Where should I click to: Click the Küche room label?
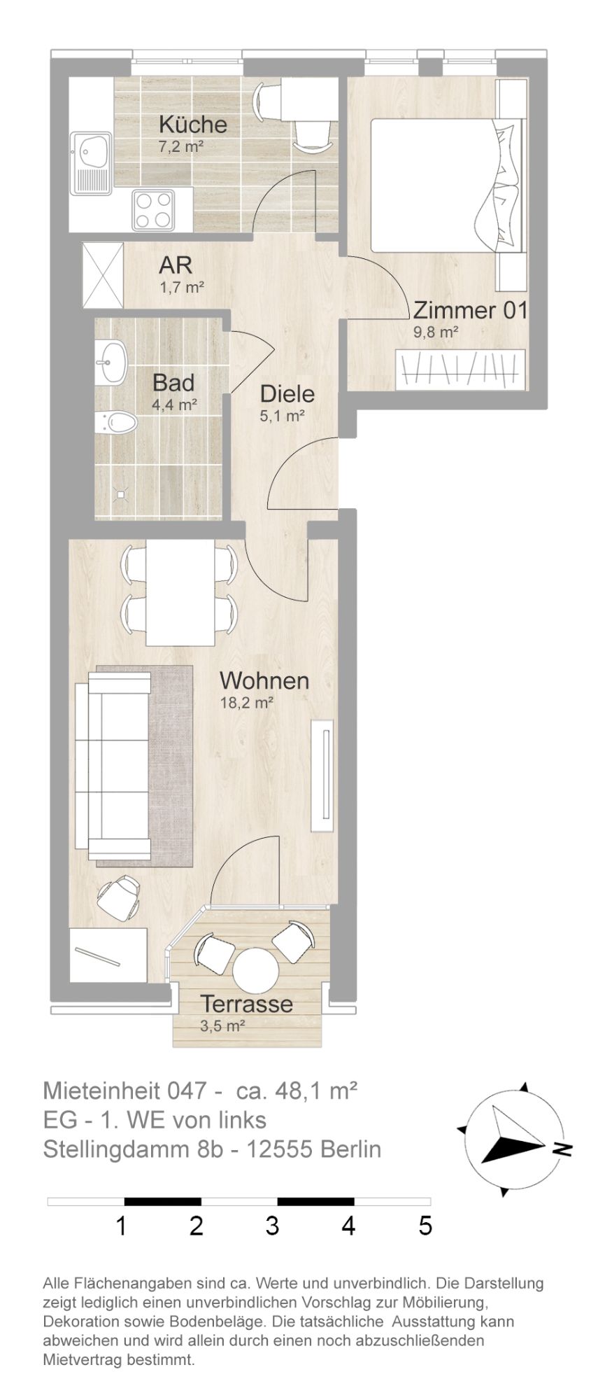(193, 125)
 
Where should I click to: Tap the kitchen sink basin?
(92, 149)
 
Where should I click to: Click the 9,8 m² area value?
(435, 332)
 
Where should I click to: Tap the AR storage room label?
(176, 266)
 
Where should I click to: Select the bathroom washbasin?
(111, 363)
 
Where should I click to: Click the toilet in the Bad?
(116, 422)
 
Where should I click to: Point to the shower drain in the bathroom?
(121, 494)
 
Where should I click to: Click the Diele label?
(287, 394)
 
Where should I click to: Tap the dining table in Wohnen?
(180, 594)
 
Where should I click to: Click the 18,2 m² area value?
(246, 703)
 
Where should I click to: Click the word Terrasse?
(247, 1004)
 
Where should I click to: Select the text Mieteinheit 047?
(124, 1091)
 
